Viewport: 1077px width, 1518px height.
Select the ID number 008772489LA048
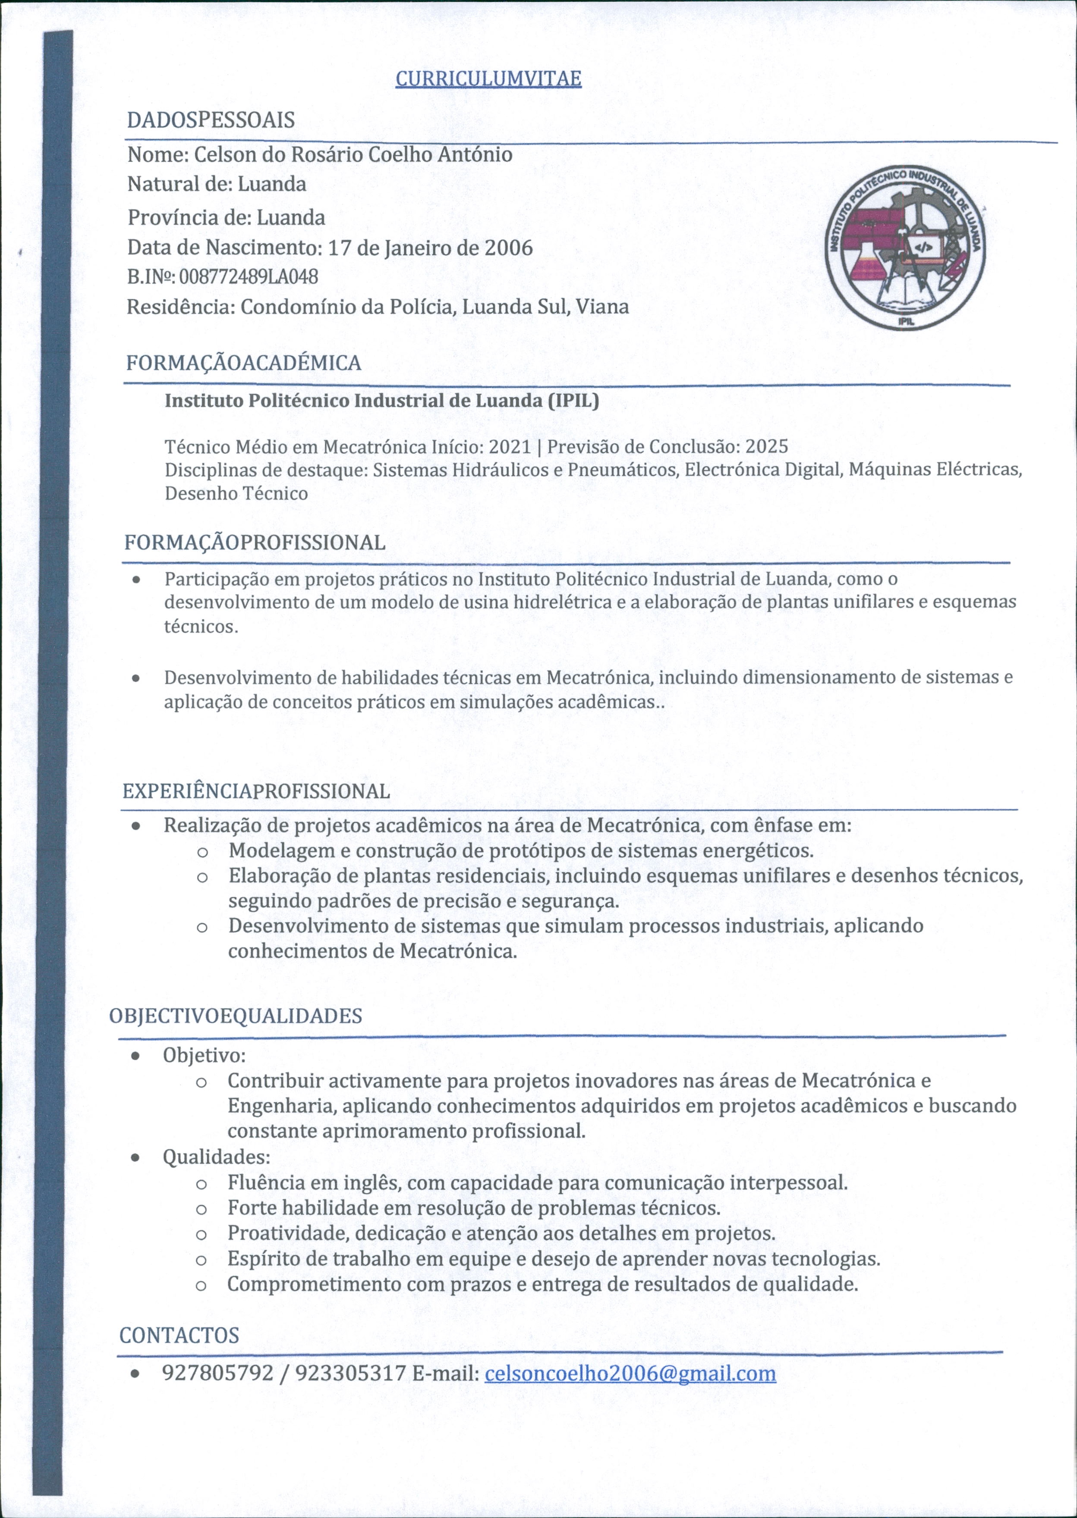point(249,276)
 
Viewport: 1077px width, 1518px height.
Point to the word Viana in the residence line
point(602,307)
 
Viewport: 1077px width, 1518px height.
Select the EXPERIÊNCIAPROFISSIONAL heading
point(256,791)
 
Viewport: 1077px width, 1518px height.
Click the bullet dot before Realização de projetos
point(135,827)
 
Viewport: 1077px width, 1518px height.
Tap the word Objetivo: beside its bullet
point(204,1055)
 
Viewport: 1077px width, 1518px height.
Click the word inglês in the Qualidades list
point(372,1182)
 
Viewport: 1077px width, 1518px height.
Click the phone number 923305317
point(350,1373)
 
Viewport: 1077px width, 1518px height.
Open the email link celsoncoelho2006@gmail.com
point(630,1373)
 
